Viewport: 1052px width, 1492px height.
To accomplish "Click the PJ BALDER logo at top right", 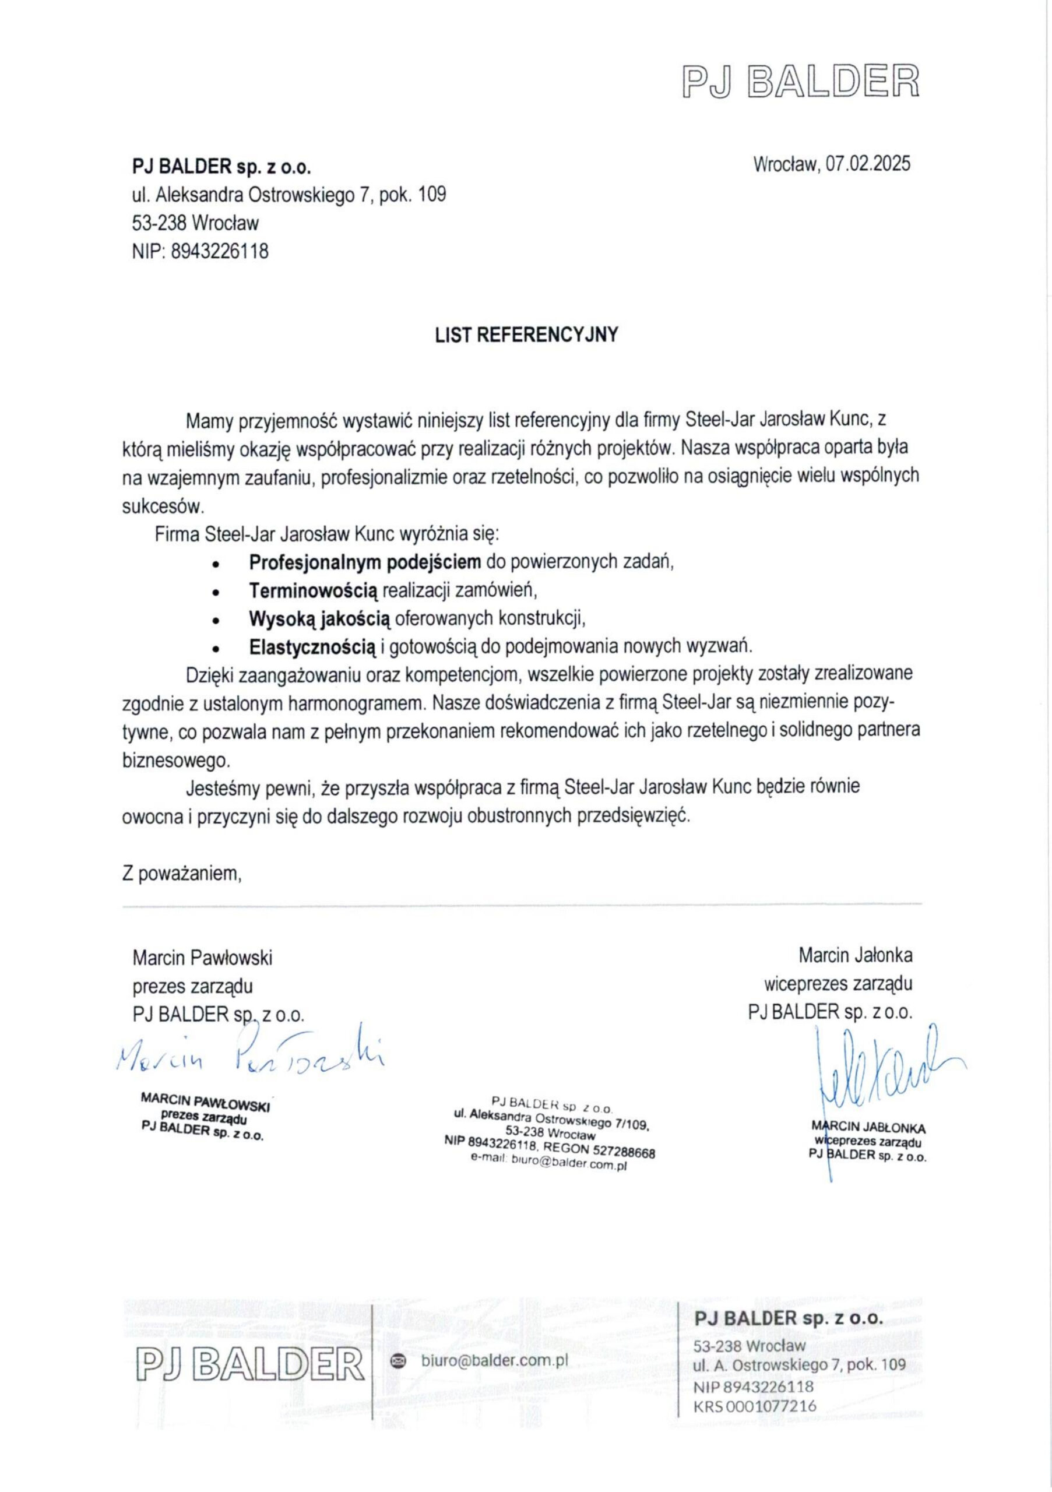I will click(801, 80).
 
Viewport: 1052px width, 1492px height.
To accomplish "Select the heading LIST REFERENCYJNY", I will click(526, 335).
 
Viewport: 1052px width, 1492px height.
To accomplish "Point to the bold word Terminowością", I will click(313, 590).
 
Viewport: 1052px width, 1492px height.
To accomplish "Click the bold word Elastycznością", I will click(312, 646).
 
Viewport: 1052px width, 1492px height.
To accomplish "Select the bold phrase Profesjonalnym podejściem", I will click(365, 561).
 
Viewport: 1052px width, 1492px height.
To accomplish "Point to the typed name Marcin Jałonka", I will click(855, 956).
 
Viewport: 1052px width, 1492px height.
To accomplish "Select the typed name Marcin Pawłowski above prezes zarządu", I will click(202, 958).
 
